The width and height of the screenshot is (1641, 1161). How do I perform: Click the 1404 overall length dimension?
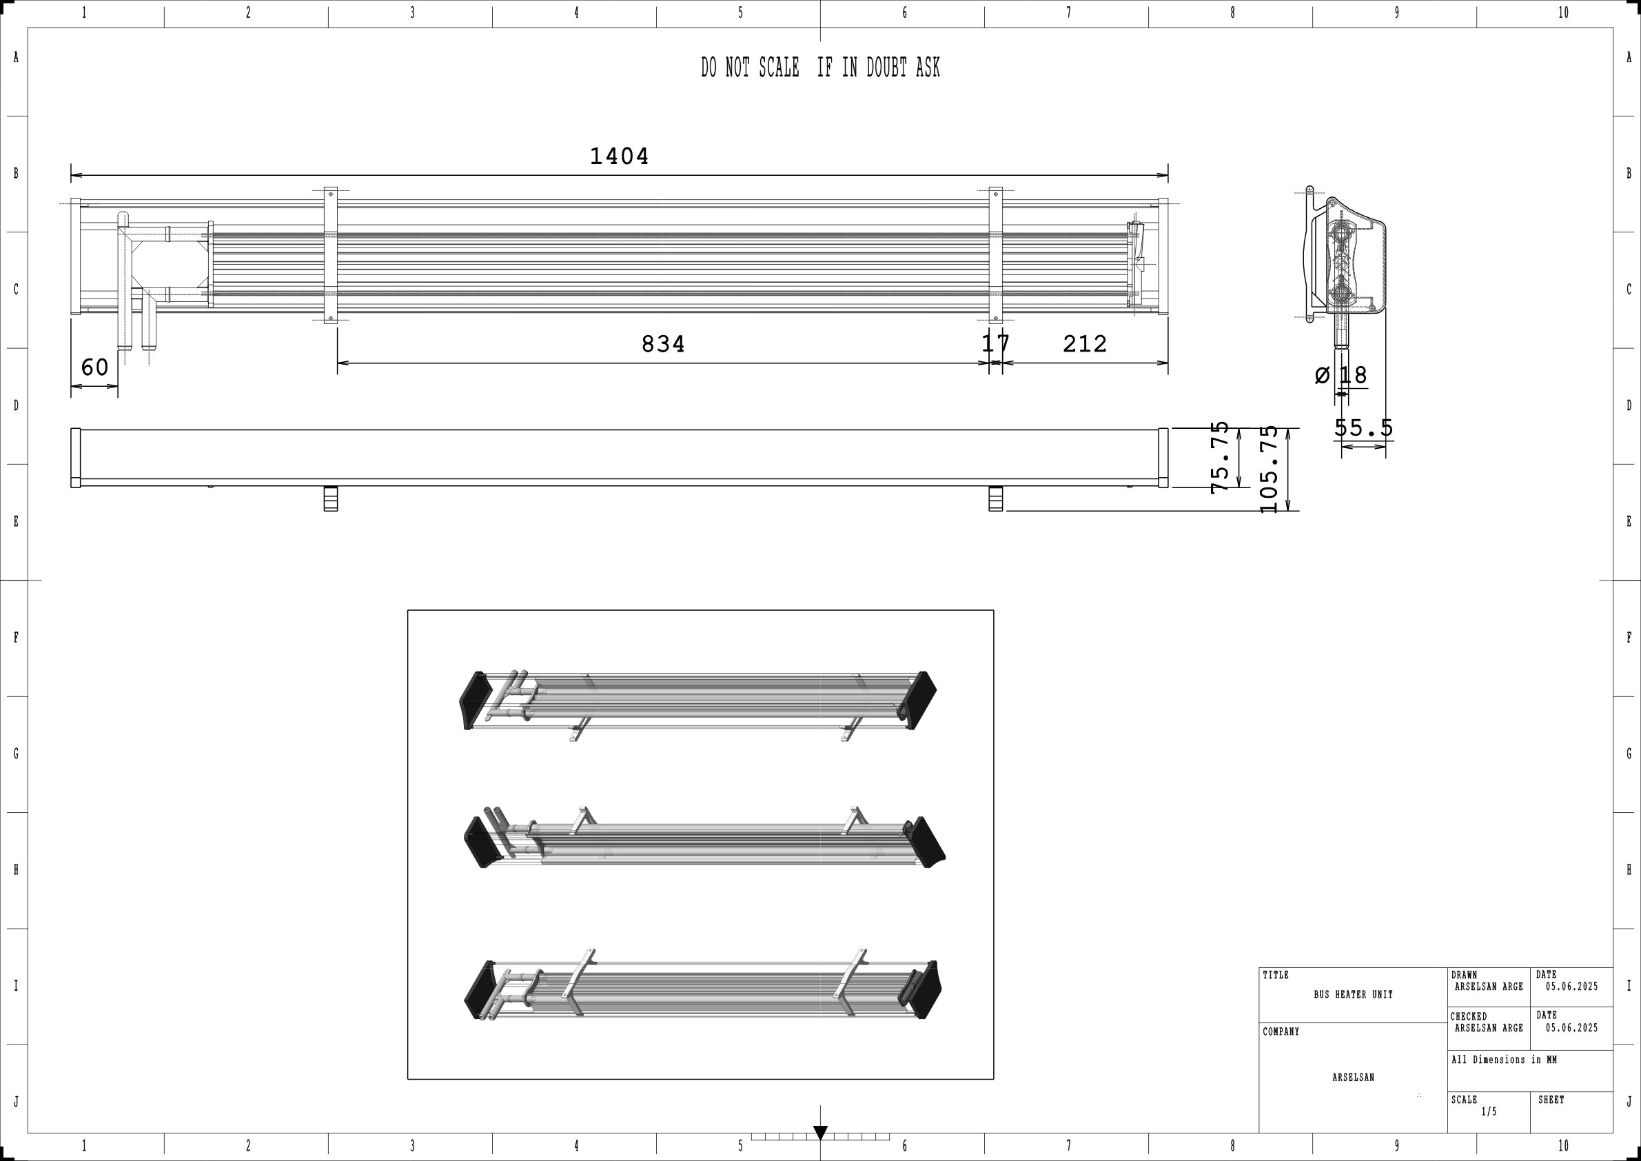pyautogui.click(x=619, y=156)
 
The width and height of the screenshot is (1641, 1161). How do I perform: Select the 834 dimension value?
pyautogui.click(x=662, y=345)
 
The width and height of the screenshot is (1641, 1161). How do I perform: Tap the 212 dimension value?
pyautogui.click(x=1084, y=345)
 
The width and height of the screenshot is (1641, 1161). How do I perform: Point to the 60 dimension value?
pyautogui.click(x=94, y=367)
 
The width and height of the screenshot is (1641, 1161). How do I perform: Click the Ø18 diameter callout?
pyautogui.click(x=1341, y=374)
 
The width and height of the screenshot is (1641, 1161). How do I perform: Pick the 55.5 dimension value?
pyautogui.click(x=1363, y=428)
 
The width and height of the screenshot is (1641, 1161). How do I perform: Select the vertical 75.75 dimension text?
pyautogui.click(x=1220, y=457)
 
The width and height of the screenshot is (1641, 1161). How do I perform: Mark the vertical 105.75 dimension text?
pyautogui.click(x=1270, y=469)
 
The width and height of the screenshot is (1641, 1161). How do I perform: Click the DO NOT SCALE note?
pyautogui.click(x=819, y=68)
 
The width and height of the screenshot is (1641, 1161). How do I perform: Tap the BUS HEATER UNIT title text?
pyautogui.click(x=1353, y=994)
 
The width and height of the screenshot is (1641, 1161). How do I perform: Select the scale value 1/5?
pyautogui.click(x=1489, y=1111)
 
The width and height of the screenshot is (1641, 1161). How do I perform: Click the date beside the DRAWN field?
pyautogui.click(x=1571, y=987)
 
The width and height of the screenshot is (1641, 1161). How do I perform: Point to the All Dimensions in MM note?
pyautogui.click(x=1504, y=1060)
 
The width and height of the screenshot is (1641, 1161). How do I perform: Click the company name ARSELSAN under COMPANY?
pyautogui.click(x=1353, y=1078)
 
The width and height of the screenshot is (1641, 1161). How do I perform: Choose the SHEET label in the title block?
pyautogui.click(x=1551, y=1100)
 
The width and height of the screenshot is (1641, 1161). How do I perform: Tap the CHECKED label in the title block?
pyautogui.click(x=1469, y=1016)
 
